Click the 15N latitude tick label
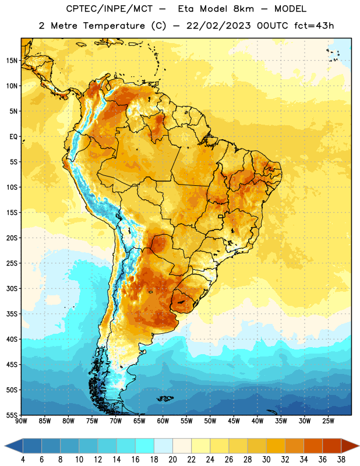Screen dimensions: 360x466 (x=12, y=61)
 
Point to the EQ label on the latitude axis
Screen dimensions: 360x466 (x=13, y=137)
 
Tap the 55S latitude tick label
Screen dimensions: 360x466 (x=12, y=415)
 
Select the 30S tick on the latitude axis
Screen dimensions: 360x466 (x=12, y=288)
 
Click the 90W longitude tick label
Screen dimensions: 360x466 (x=21, y=421)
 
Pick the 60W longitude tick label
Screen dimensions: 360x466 (x=163, y=421)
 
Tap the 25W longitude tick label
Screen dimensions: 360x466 (x=328, y=421)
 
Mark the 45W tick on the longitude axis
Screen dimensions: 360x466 (x=234, y=421)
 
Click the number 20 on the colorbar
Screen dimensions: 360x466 (x=172, y=460)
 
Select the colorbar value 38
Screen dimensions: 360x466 (x=341, y=460)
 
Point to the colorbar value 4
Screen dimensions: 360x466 (x=23, y=460)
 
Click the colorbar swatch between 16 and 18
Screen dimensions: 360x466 (x=145, y=446)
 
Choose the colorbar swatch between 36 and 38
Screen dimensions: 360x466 (x=332, y=446)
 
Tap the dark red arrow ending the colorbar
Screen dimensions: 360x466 (x=350, y=446)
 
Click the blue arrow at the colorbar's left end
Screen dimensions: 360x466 (x=14, y=446)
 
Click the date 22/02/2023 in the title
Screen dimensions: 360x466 (x=218, y=26)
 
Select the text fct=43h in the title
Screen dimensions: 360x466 (x=314, y=26)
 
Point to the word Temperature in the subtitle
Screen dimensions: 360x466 (x=114, y=26)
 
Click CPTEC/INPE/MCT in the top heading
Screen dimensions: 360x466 (x=109, y=9)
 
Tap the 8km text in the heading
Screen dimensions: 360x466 (x=243, y=9)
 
